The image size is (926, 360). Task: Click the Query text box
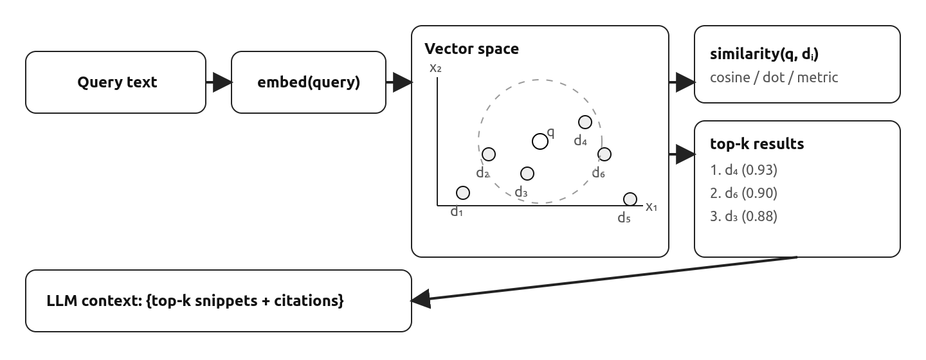(116, 82)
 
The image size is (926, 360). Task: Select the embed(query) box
(309, 82)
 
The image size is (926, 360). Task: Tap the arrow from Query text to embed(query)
(218, 82)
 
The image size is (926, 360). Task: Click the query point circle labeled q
(540, 141)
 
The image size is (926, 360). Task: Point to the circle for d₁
(462, 193)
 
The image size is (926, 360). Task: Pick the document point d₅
(630, 199)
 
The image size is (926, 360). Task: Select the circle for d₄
(585, 122)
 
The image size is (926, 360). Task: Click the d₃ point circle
(527, 174)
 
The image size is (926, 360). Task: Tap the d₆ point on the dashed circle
(604, 154)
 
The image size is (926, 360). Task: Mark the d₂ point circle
(489, 154)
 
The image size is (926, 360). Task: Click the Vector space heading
(471, 49)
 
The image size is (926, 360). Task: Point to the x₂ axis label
(435, 67)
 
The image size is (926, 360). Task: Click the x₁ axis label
(651, 206)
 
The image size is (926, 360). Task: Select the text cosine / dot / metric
(774, 78)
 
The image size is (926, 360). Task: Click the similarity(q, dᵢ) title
(764, 54)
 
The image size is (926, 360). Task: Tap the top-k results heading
(757, 143)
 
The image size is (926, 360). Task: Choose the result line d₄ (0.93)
(744, 170)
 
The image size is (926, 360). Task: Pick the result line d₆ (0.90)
(744, 194)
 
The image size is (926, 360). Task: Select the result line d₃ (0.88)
(744, 217)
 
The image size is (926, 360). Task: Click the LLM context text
(195, 300)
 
